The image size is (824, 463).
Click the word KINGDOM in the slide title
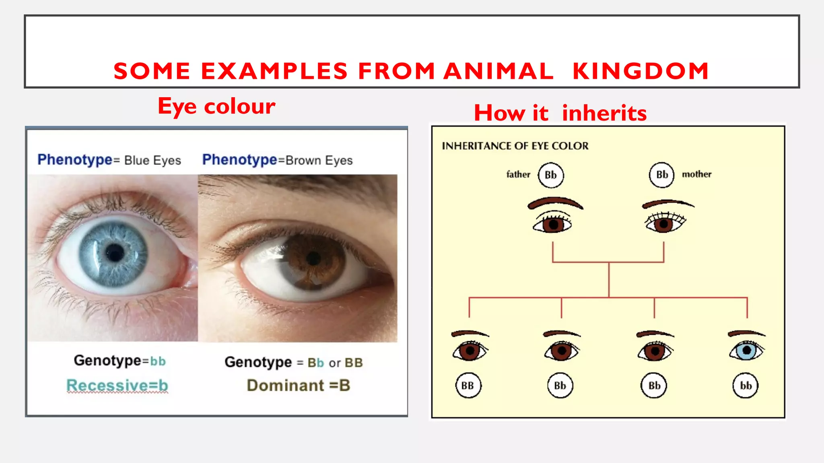[641, 71]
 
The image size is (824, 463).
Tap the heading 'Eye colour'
[216, 107]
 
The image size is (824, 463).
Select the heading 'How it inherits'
[560, 113]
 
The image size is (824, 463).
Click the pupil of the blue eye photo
[115, 253]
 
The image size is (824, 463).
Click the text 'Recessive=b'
[117, 385]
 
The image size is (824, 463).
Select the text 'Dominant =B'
[298, 385]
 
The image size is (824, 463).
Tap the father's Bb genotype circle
[551, 175]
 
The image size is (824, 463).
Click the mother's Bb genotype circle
[662, 175]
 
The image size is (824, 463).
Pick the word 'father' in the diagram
[518, 174]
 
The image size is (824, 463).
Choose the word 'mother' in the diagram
[696, 174]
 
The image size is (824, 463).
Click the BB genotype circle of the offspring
[468, 385]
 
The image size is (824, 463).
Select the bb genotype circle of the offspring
[746, 385]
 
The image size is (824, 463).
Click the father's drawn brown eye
[553, 224]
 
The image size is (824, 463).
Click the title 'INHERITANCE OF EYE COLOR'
[515, 146]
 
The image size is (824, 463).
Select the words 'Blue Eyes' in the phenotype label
[152, 160]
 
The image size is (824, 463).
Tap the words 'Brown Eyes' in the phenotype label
[319, 160]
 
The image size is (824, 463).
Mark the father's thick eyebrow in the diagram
[555, 202]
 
